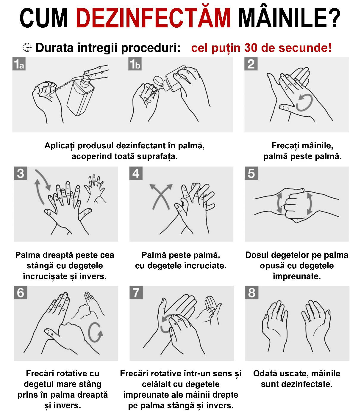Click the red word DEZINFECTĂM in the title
pos(153,18)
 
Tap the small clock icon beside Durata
pos(27,48)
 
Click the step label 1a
pos(19,64)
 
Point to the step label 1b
pos(135,64)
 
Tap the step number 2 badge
pos(251,64)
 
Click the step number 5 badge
pos(251,173)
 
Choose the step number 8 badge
pos(252,292)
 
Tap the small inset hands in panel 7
pos(210,310)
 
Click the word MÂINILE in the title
pos(289,18)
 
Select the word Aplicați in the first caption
pos(60,146)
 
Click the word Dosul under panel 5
pos(257,255)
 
